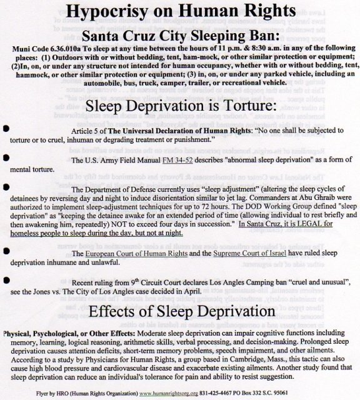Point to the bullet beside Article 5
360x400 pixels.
point(6,128)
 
